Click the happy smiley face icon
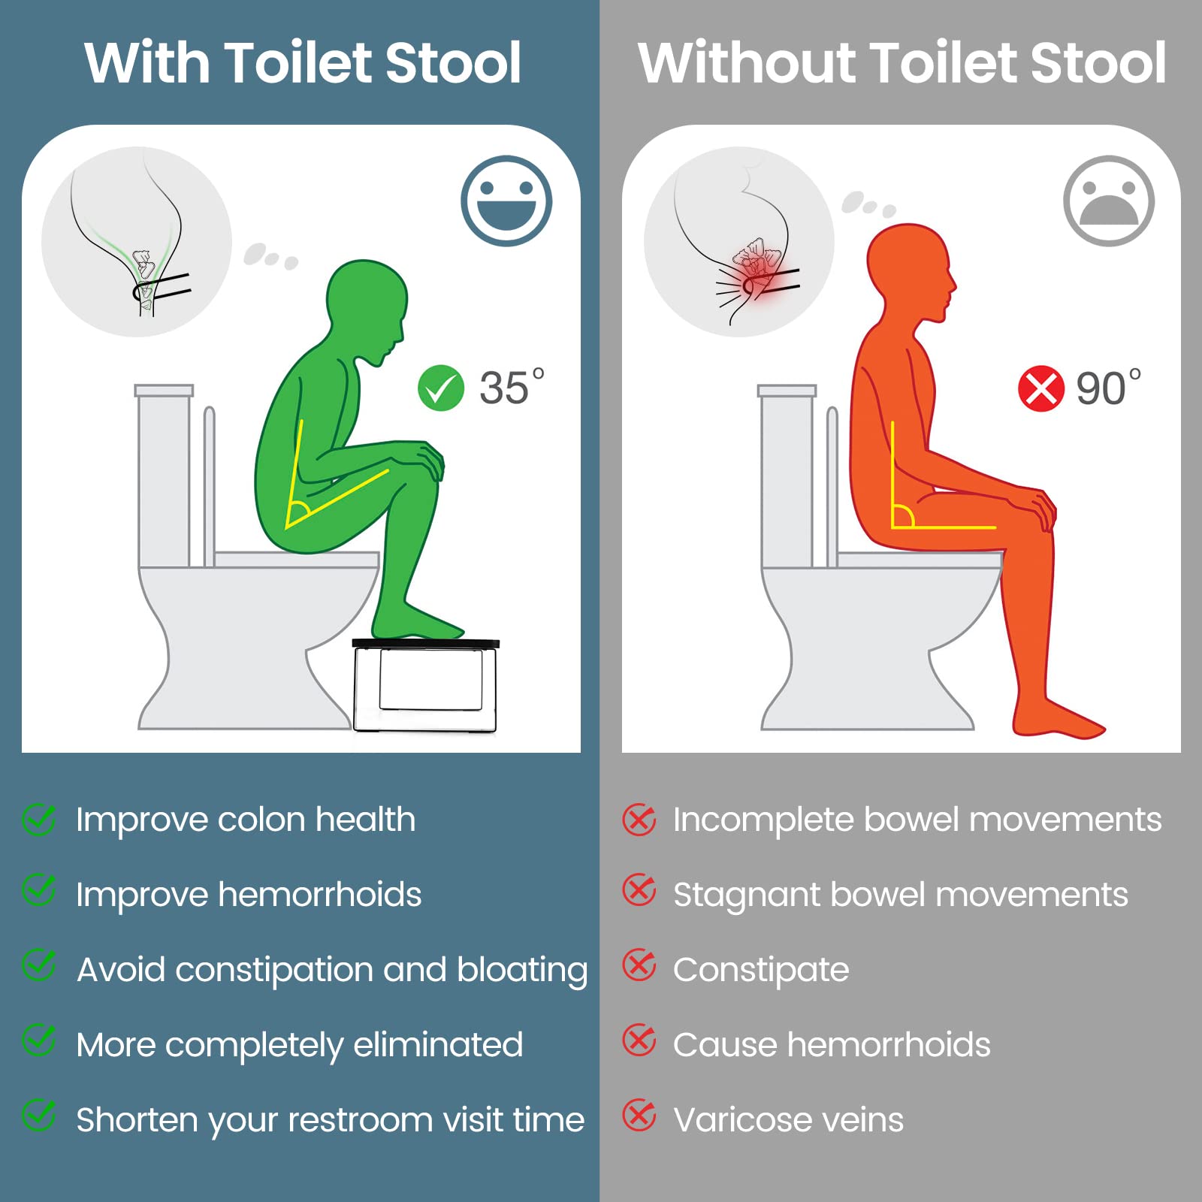coord(506,201)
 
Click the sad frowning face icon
coord(1109,201)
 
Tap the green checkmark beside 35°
coord(441,388)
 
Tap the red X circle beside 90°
coord(1041,388)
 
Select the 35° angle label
coord(512,387)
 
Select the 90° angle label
coord(1109,388)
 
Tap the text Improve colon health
coord(246,820)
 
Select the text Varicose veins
coord(789,1120)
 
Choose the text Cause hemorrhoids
coord(832,1045)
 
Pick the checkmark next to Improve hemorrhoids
coord(38,892)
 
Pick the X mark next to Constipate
coord(639,967)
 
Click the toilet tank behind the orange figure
coord(786,476)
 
